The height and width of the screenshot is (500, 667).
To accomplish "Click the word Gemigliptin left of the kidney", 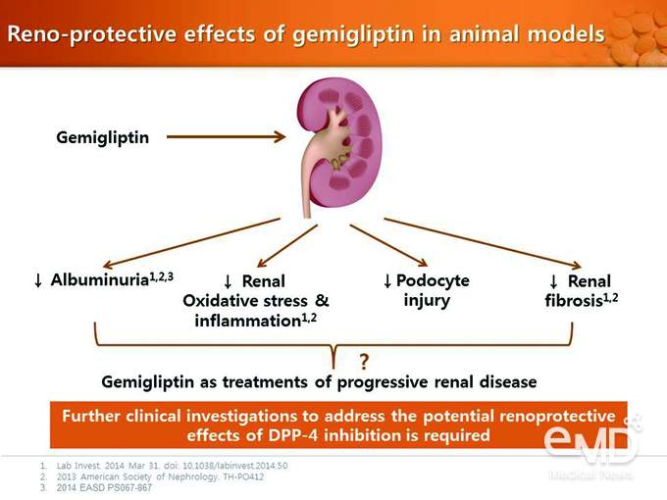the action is pyautogui.click(x=103, y=138).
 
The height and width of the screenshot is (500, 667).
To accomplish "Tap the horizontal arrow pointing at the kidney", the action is pyautogui.click(x=226, y=137).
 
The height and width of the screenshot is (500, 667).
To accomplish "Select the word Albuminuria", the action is pyautogui.click(x=99, y=279).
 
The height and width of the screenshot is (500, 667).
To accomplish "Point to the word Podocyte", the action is pyautogui.click(x=433, y=280).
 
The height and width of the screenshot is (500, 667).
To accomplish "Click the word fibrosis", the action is pyautogui.click(x=574, y=301).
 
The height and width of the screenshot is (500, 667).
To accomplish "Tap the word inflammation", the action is pyautogui.click(x=248, y=321).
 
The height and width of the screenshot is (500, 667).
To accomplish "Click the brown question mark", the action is pyautogui.click(x=364, y=362).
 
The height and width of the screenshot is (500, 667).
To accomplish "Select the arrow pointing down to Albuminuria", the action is pyautogui.click(x=191, y=243).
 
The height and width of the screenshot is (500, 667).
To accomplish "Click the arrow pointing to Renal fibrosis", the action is pyautogui.click(x=483, y=243).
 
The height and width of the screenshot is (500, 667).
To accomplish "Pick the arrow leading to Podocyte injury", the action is pyautogui.click(x=388, y=245).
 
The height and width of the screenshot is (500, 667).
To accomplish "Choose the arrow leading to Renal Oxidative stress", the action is pyautogui.click(x=287, y=246).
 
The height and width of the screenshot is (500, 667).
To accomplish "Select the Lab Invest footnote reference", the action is pyautogui.click(x=172, y=466).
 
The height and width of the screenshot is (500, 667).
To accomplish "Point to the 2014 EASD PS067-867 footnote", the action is pyautogui.click(x=104, y=487).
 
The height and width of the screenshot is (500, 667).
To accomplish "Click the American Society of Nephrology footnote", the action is pyautogui.click(x=160, y=476).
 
